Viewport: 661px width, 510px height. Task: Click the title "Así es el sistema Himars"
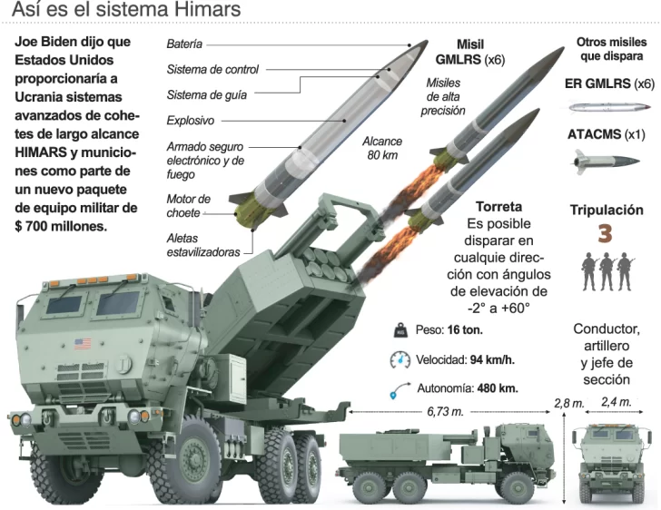126,12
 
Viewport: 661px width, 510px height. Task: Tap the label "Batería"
184,44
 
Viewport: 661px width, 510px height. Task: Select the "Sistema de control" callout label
212,69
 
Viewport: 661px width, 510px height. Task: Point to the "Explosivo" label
190,120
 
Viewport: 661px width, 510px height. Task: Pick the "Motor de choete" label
188,205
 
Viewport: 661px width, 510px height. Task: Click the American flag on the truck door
84,344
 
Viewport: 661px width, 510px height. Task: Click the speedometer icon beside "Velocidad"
400,359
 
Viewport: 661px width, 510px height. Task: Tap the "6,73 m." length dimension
446,410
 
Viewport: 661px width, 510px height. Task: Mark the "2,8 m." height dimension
568,402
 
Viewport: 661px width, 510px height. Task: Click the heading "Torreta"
498,206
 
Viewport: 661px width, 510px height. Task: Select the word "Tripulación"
607,210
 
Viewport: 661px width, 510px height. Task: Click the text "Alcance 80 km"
381,148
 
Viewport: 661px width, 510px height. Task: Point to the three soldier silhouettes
606,270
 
